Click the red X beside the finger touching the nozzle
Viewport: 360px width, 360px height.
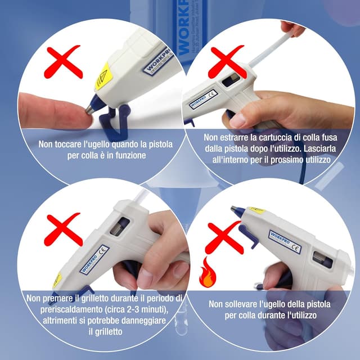[x=64, y=62]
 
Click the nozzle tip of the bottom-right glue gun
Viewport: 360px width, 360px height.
[x=233, y=209]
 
